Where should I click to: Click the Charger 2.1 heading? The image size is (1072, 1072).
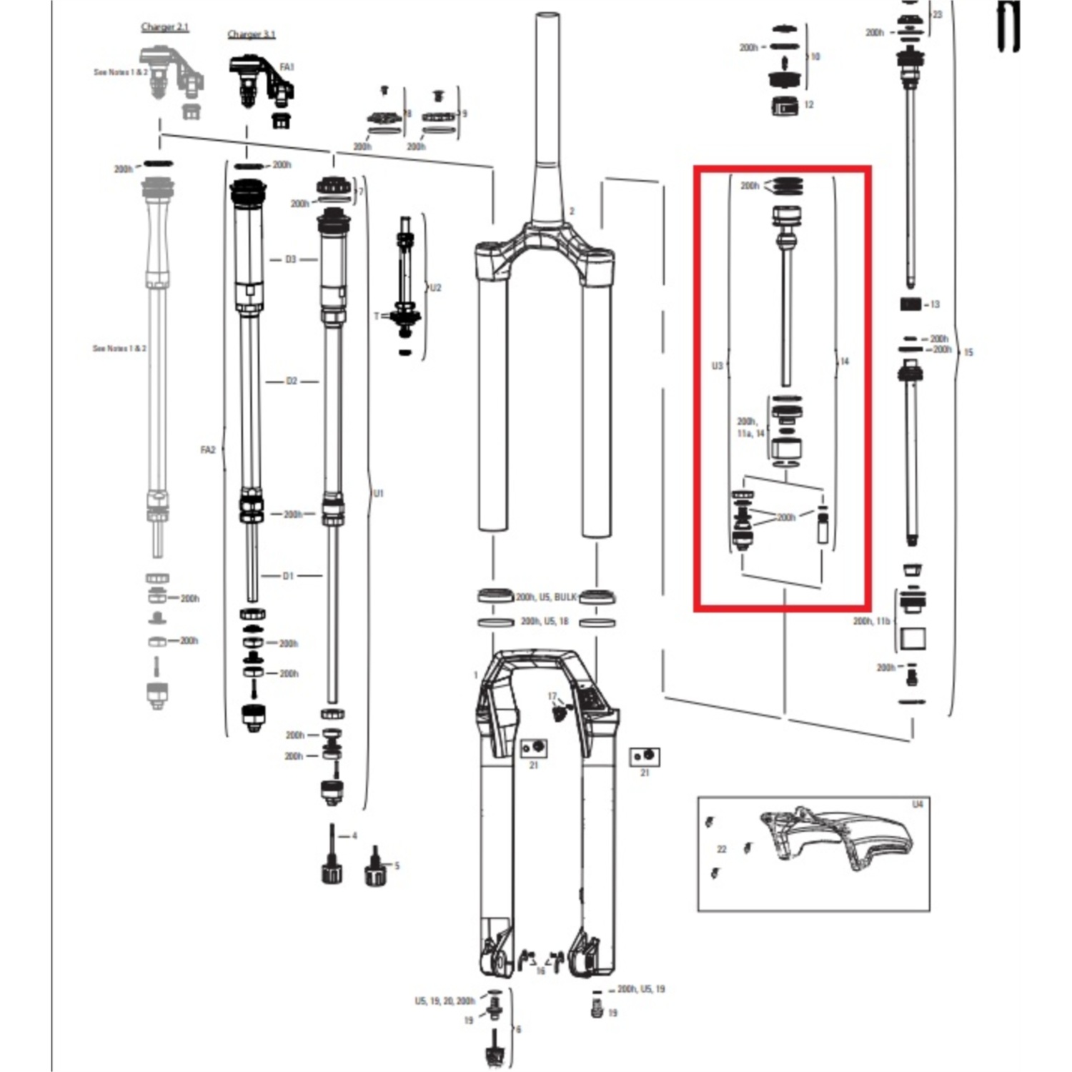(165, 27)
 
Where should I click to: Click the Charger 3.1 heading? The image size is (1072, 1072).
(251, 34)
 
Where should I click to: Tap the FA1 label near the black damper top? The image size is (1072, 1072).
(287, 67)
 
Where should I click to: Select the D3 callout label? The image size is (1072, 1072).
(290, 259)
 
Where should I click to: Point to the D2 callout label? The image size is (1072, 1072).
(291, 382)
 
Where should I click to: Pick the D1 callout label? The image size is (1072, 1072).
(288, 576)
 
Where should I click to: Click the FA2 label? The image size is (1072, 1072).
(207, 450)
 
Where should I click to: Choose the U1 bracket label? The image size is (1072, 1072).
(378, 494)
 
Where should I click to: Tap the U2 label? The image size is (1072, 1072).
(435, 288)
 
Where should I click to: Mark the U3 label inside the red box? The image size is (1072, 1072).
(717, 366)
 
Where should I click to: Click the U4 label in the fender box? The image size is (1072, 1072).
(918, 805)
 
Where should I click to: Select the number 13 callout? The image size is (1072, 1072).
(935, 304)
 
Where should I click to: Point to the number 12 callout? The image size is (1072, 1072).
(808, 105)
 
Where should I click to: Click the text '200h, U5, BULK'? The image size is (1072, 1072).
(546, 597)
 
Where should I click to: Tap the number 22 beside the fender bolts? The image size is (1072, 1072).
(722, 850)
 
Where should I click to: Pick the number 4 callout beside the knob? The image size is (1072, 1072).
(354, 836)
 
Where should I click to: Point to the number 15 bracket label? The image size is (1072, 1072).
(968, 352)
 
